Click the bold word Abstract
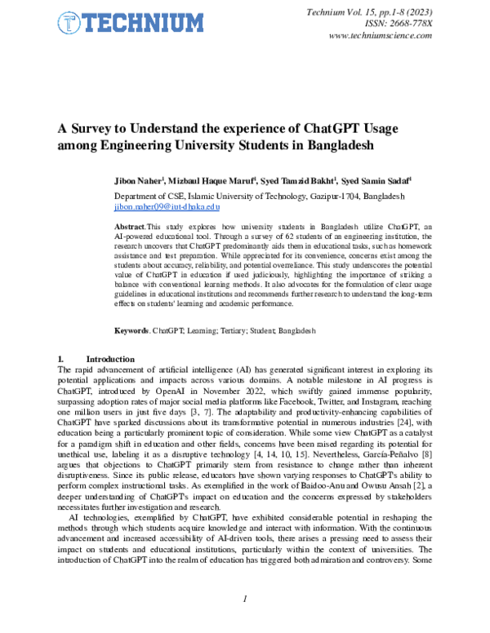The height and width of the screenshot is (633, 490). coord(129,224)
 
